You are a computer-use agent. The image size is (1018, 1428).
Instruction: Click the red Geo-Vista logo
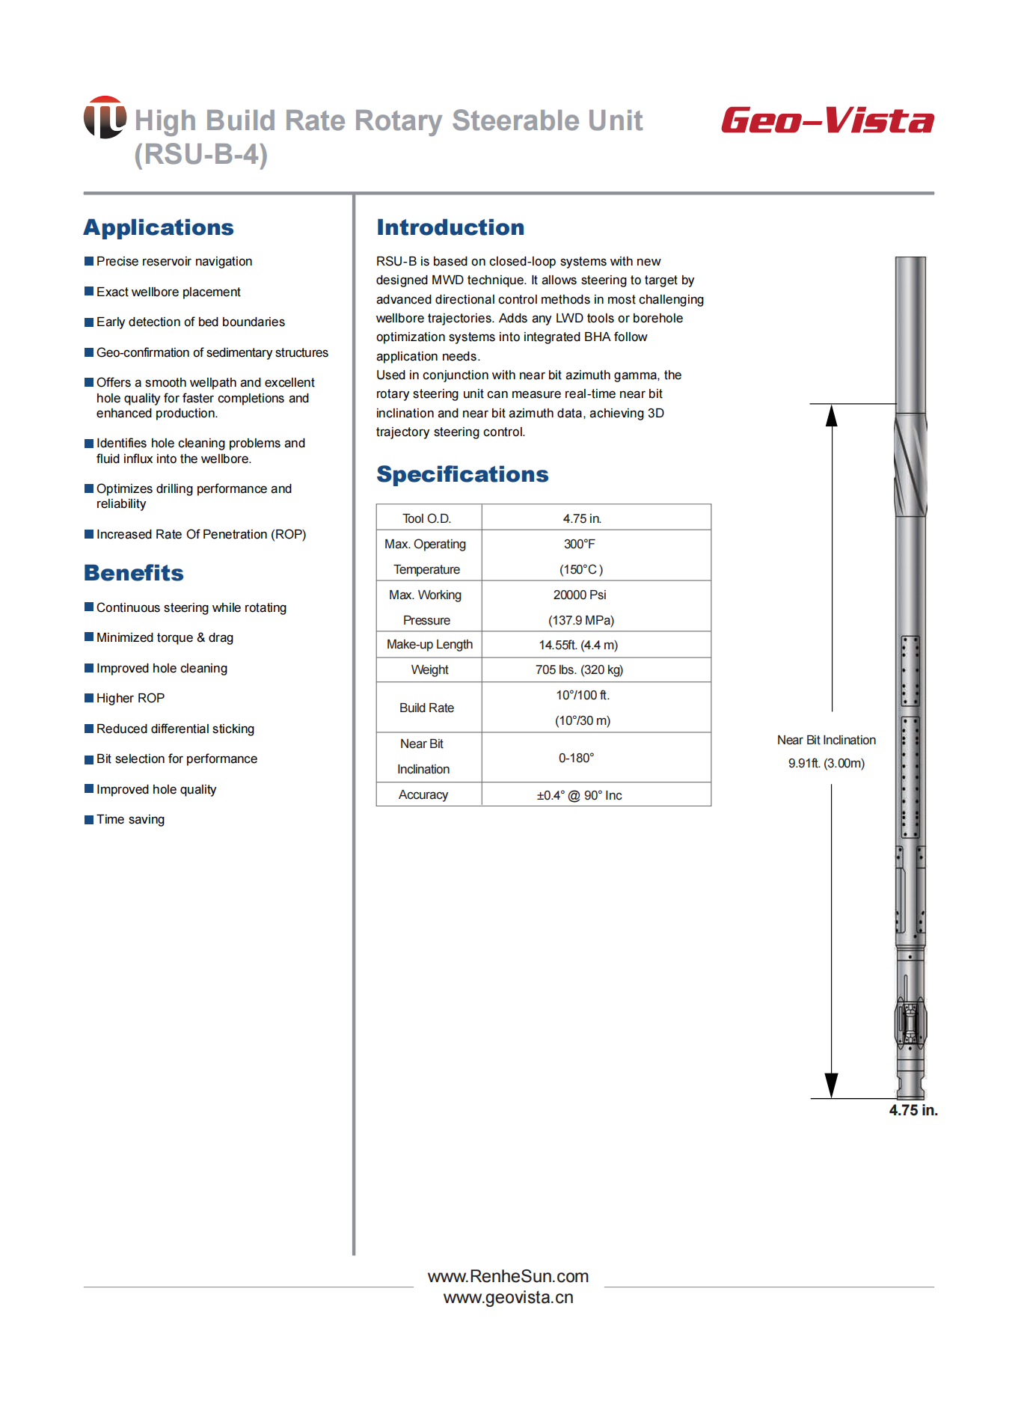(x=827, y=120)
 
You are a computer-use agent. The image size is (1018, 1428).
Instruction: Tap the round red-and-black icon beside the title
(x=105, y=117)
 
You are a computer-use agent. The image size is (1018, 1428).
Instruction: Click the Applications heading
(x=159, y=227)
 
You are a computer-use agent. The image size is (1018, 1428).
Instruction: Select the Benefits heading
(x=134, y=573)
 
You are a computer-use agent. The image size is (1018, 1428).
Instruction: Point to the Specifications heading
(x=462, y=474)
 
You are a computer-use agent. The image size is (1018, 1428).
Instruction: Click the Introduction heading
(x=450, y=227)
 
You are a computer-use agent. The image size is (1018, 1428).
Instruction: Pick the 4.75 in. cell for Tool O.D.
(x=582, y=518)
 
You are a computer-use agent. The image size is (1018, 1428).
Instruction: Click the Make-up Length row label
(x=429, y=644)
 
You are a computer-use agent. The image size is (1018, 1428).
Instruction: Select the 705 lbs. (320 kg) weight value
(x=579, y=669)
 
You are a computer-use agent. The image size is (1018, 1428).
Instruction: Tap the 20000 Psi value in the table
(x=580, y=595)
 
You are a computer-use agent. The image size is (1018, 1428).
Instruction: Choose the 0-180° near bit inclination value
(x=577, y=758)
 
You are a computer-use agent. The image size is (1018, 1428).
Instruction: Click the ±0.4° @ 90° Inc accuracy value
(x=579, y=795)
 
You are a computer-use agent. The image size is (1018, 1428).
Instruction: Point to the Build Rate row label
(x=426, y=708)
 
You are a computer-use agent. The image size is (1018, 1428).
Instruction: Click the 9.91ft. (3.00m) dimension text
(x=827, y=763)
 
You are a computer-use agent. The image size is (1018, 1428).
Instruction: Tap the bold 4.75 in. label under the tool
(x=913, y=1110)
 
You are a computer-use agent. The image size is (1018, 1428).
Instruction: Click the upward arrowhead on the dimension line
(x=831, y=415)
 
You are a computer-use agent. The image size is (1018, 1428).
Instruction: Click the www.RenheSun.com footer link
(x=508, y=1276)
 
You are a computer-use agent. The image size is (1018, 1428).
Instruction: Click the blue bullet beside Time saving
(x=89, y=819)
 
